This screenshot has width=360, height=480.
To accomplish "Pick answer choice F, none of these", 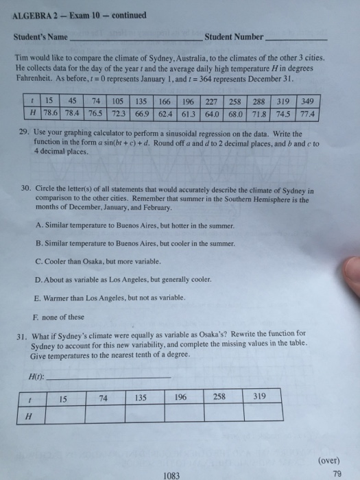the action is pyautogui.click(x=36, y=317).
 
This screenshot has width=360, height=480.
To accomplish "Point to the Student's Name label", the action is pyautogui.click(x=40, y=36).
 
